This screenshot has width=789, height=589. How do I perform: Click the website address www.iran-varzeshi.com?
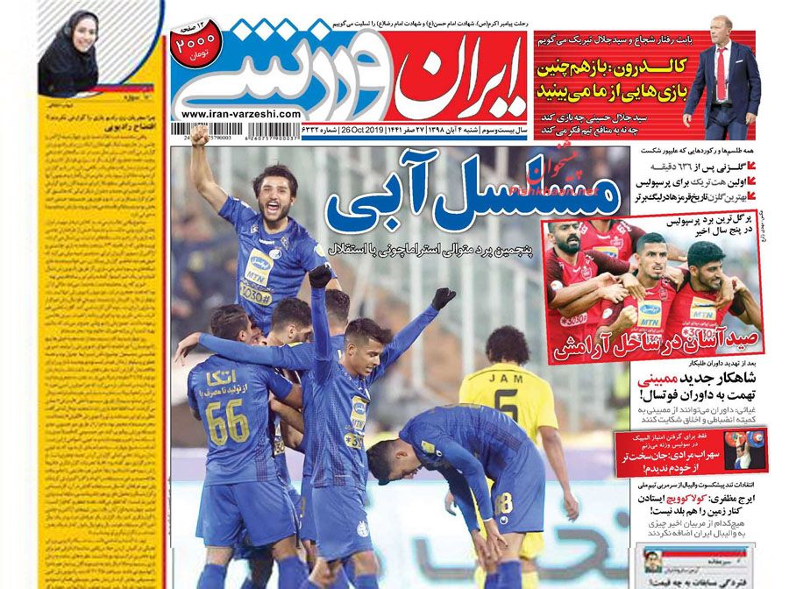tap(241, 114)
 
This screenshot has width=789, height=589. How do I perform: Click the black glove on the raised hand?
tap(444, 298)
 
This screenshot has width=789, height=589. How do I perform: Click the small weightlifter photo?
tap(745, 451)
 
